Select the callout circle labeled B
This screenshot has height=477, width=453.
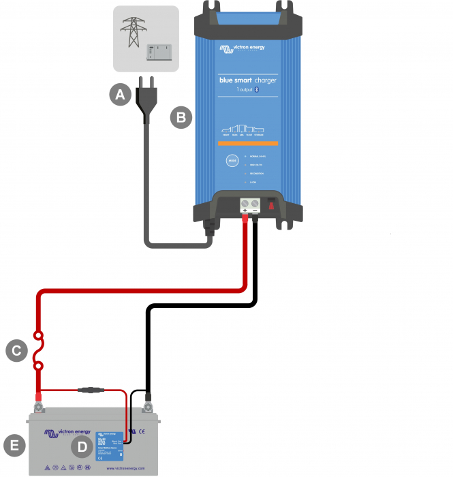(181, 117)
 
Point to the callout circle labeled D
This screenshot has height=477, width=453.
(82, 447)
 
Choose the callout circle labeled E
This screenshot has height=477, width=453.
(14, 446)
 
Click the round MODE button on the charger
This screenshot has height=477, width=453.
(233, 161)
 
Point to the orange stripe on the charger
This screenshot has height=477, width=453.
(248, 143)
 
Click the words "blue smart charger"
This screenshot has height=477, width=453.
(247, 80)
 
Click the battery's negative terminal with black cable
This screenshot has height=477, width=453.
(147, 410)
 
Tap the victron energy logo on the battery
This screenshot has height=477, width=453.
(67, 433)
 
